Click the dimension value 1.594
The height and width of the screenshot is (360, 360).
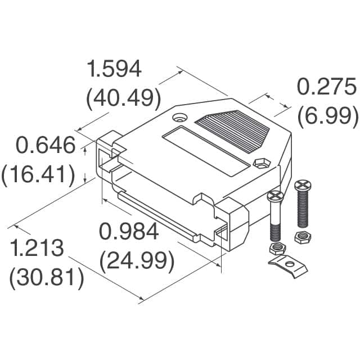click(x=114, y=70)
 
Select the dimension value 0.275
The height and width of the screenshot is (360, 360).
click(x=326, y=88)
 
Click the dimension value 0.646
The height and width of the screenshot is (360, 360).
click(x=45, y=146)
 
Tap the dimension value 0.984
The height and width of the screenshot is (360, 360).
click(x=129, y=231)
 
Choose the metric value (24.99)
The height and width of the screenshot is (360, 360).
click(x=136, y=260)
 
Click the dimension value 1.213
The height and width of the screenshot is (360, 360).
click(x=39, y=248)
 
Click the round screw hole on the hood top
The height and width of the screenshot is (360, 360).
click(x=180, y=118)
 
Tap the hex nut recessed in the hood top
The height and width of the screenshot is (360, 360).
click(x=260, y=163)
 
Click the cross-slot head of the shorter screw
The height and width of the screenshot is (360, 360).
click(x=276, y=196)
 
